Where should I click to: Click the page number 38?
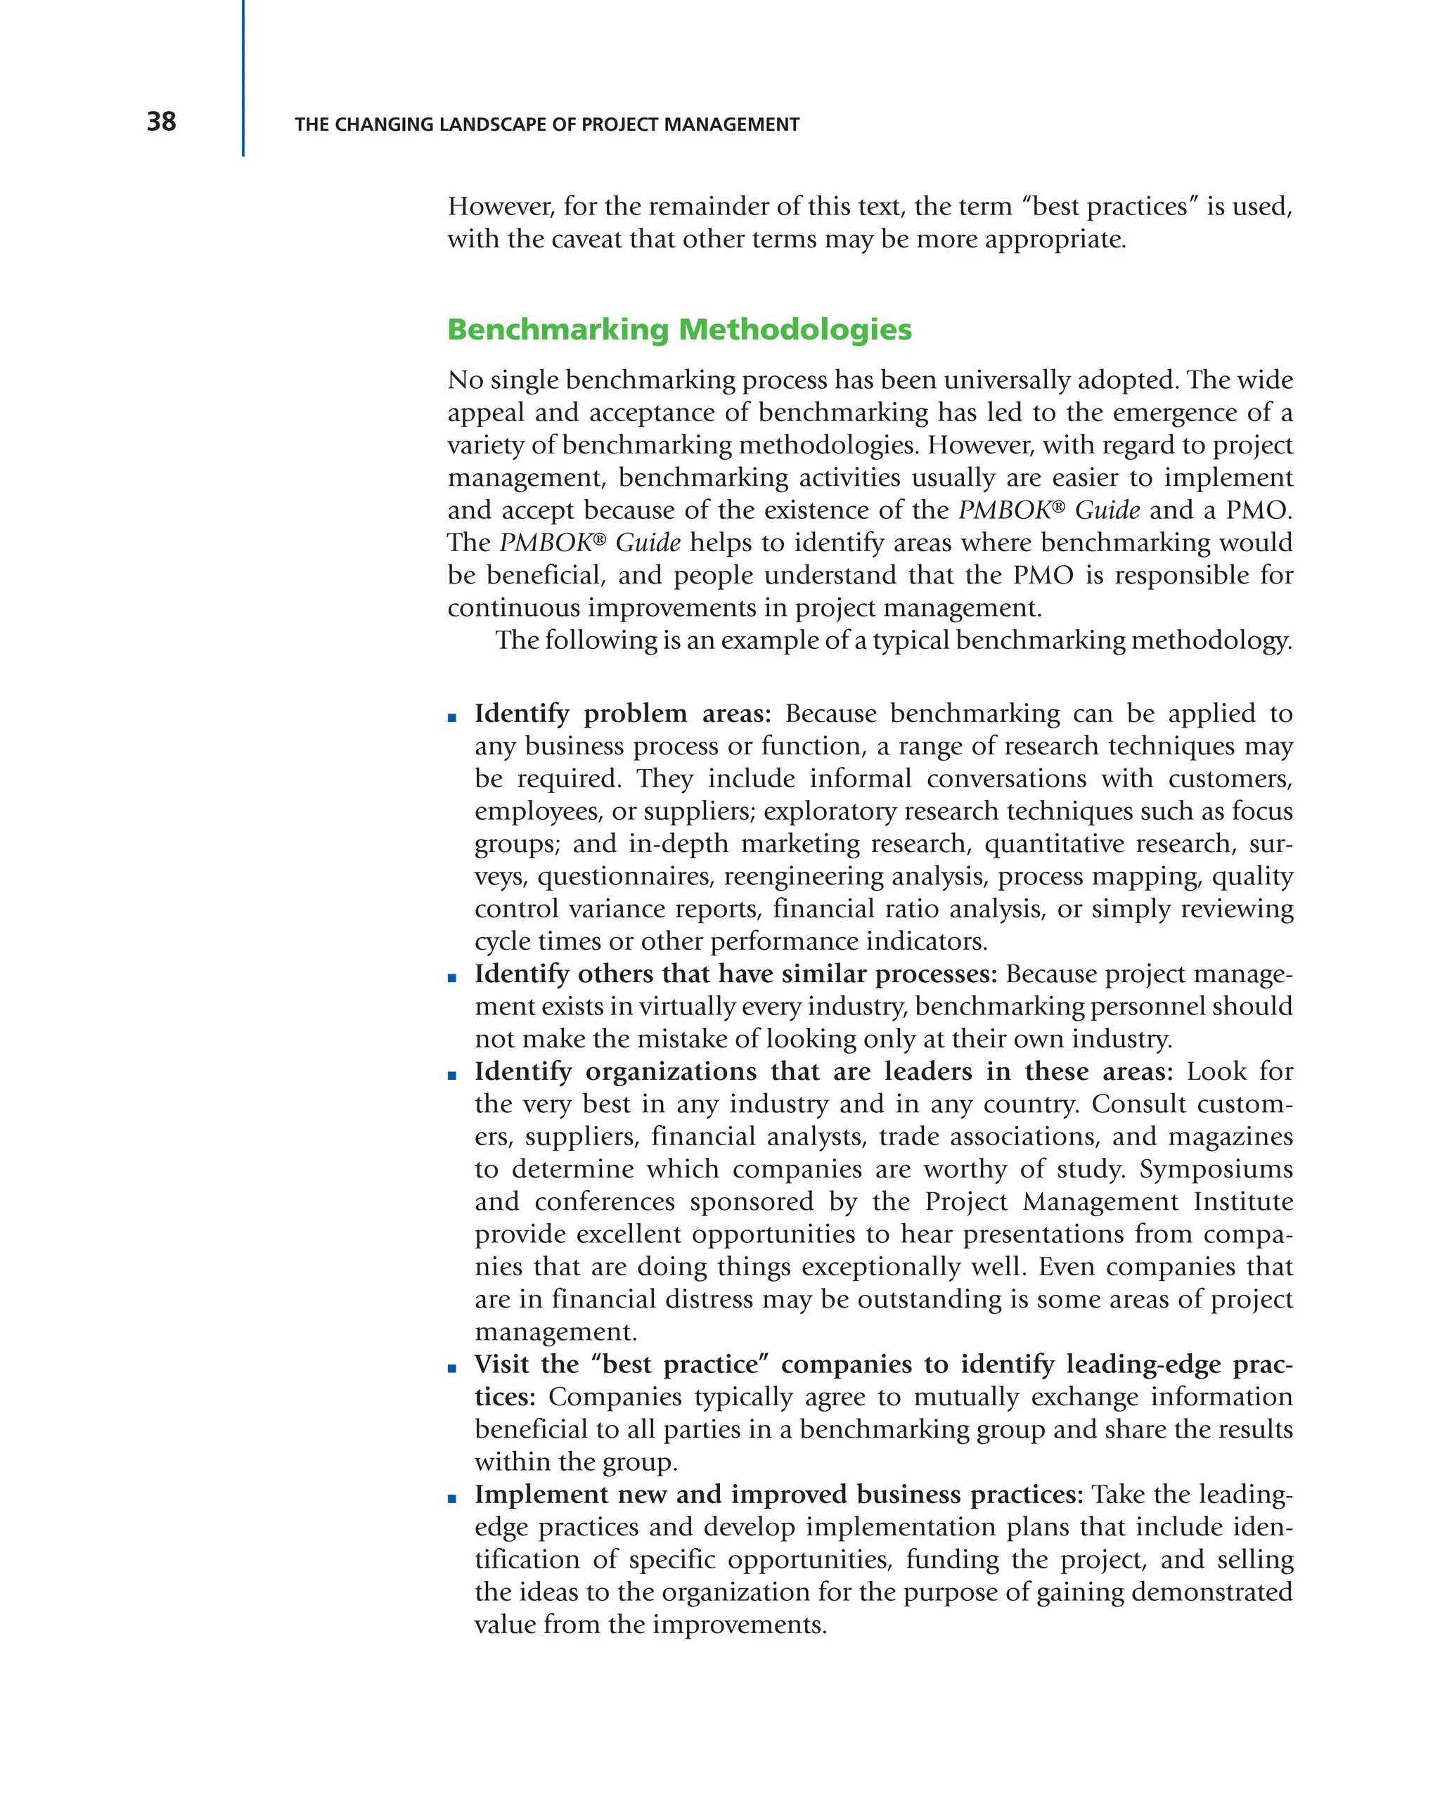tap(161, 122)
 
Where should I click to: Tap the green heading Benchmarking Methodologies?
tap(679, 329)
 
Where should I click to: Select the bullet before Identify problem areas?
tap(452, 718)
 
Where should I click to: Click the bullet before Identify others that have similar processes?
tap(452, 978)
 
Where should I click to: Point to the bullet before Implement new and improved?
tap(452, 1499)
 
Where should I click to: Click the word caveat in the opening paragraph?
tap(587, 240)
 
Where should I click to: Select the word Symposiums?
tap(1216, 1168)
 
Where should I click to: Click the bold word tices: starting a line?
tap(504, 1398)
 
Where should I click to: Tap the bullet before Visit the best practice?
tap(452, 1369)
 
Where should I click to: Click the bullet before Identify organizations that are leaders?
tap(452, 1076)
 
